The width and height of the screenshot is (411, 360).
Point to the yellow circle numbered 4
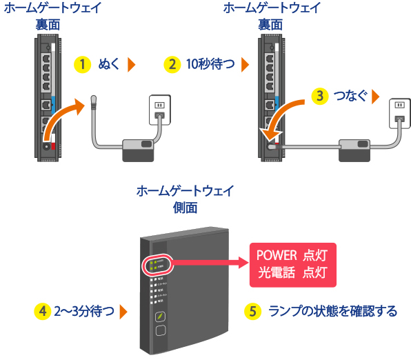click(x=43, y=311)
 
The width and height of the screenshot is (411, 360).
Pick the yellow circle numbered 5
click(x=253, y=311)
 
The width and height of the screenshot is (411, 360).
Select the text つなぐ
click(x=350, y=95)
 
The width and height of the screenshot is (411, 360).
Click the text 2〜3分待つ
click(x=84, y=311)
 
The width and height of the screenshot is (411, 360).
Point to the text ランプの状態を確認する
click(x=332, y=311)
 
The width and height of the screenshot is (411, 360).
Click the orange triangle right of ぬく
click(x=132, y=65)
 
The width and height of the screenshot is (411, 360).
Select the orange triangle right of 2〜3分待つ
click(x=123, y=312)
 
